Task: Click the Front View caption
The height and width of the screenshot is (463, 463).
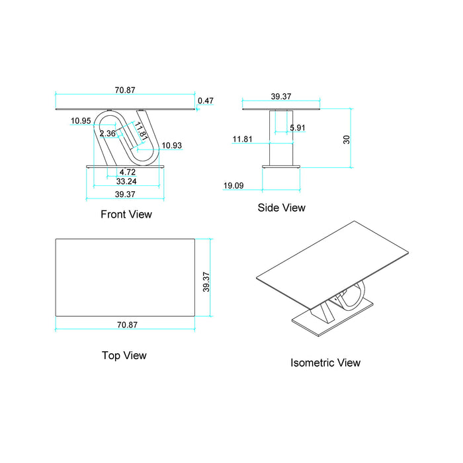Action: tap(126, 214)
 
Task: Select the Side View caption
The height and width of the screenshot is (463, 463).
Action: tap(281, 208)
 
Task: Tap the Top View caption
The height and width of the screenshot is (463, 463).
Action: tap(124, 355)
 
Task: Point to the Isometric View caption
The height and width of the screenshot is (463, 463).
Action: tap(325, 362)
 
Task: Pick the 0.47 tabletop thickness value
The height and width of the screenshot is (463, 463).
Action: tap(206, 101)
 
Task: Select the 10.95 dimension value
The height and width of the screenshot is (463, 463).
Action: tap(81, 120)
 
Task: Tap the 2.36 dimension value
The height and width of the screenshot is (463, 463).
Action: tap(107, 134)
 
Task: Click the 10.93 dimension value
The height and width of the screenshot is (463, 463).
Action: tap(172, 145)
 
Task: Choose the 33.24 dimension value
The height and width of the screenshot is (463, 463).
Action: tap(126, 181)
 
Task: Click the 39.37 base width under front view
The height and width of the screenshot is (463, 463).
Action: tap(125, 194)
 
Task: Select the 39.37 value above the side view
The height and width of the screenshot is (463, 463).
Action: tap(282, 96)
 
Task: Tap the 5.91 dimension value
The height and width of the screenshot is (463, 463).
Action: tap(298, 128)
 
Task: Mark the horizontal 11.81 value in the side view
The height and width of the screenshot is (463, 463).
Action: tap(242, 139)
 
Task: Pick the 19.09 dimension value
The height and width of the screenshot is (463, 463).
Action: tap(233, 186)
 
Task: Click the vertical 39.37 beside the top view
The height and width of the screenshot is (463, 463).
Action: tap(206, 282)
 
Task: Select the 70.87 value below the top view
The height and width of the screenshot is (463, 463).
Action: tap(126, 325)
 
